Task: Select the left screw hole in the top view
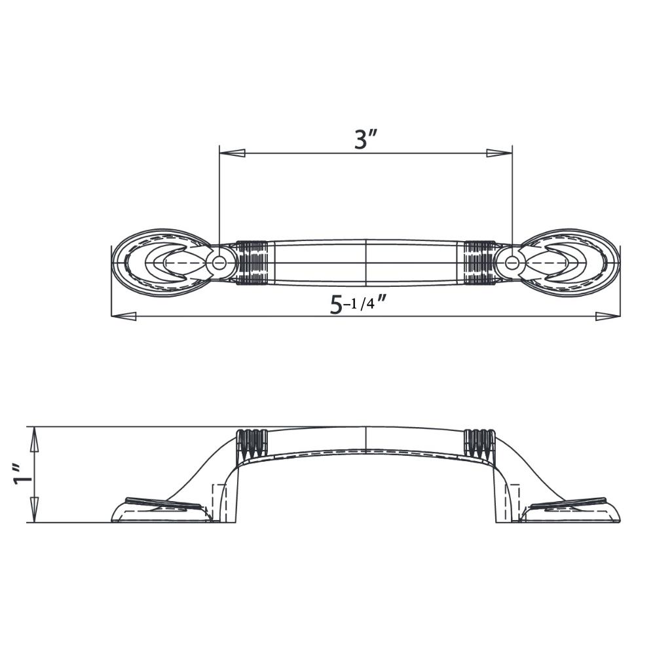[219, 263]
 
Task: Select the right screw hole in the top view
[512, 263]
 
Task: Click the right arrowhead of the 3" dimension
[499, 153]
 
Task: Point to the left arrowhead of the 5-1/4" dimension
[124, 316]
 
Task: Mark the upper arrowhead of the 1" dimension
[35, 440]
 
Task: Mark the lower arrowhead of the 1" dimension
[35, 509]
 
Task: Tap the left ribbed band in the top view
[252, 263]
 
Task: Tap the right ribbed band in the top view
[479, 263]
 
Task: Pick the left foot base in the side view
[160, 512]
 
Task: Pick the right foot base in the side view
[570, 512]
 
